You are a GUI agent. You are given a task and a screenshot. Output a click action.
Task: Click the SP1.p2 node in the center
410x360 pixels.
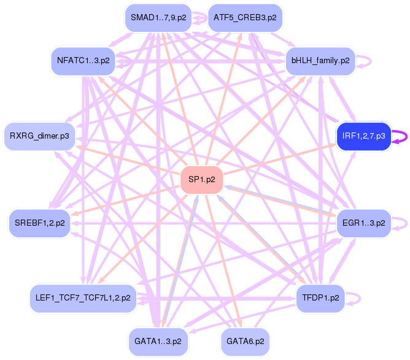pyautogui.click(x=201, y=180)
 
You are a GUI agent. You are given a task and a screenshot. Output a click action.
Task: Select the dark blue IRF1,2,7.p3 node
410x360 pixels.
pyautogui.click(x=363, y=136)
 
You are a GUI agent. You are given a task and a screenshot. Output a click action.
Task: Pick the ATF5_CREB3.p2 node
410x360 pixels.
pyautogui.click(x=244, y=18)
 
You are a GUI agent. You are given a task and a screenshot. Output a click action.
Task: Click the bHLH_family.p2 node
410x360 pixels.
pyautogui.click(x=320, y=61)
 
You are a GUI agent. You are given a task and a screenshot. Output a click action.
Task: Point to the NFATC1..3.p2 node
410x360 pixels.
pyautogui.click(x=83, y=61)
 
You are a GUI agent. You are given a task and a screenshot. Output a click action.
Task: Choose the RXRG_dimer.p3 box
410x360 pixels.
pyautogui.click(x=39, y=136)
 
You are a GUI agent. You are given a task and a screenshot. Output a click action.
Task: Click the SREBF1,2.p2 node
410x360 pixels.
pyautogui.click(x=39, y=223)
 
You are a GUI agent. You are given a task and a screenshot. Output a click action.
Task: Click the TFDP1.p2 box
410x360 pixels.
pyautogui.click(x=320, y=298)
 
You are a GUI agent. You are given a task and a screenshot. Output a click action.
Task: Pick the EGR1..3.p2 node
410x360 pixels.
pyautogui.click(x=363, y=223)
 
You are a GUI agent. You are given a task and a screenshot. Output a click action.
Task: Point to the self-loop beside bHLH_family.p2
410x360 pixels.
pyautogui.click(x=368, y=61)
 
